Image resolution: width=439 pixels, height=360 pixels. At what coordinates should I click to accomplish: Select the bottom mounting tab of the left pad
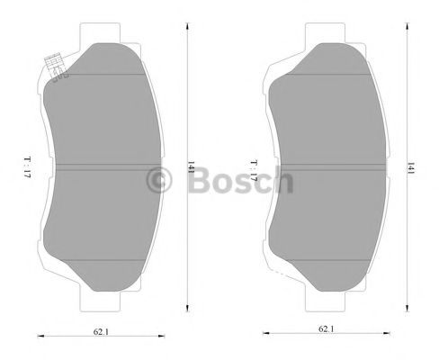107,297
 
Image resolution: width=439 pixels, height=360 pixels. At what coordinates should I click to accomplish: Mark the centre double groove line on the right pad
333,166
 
